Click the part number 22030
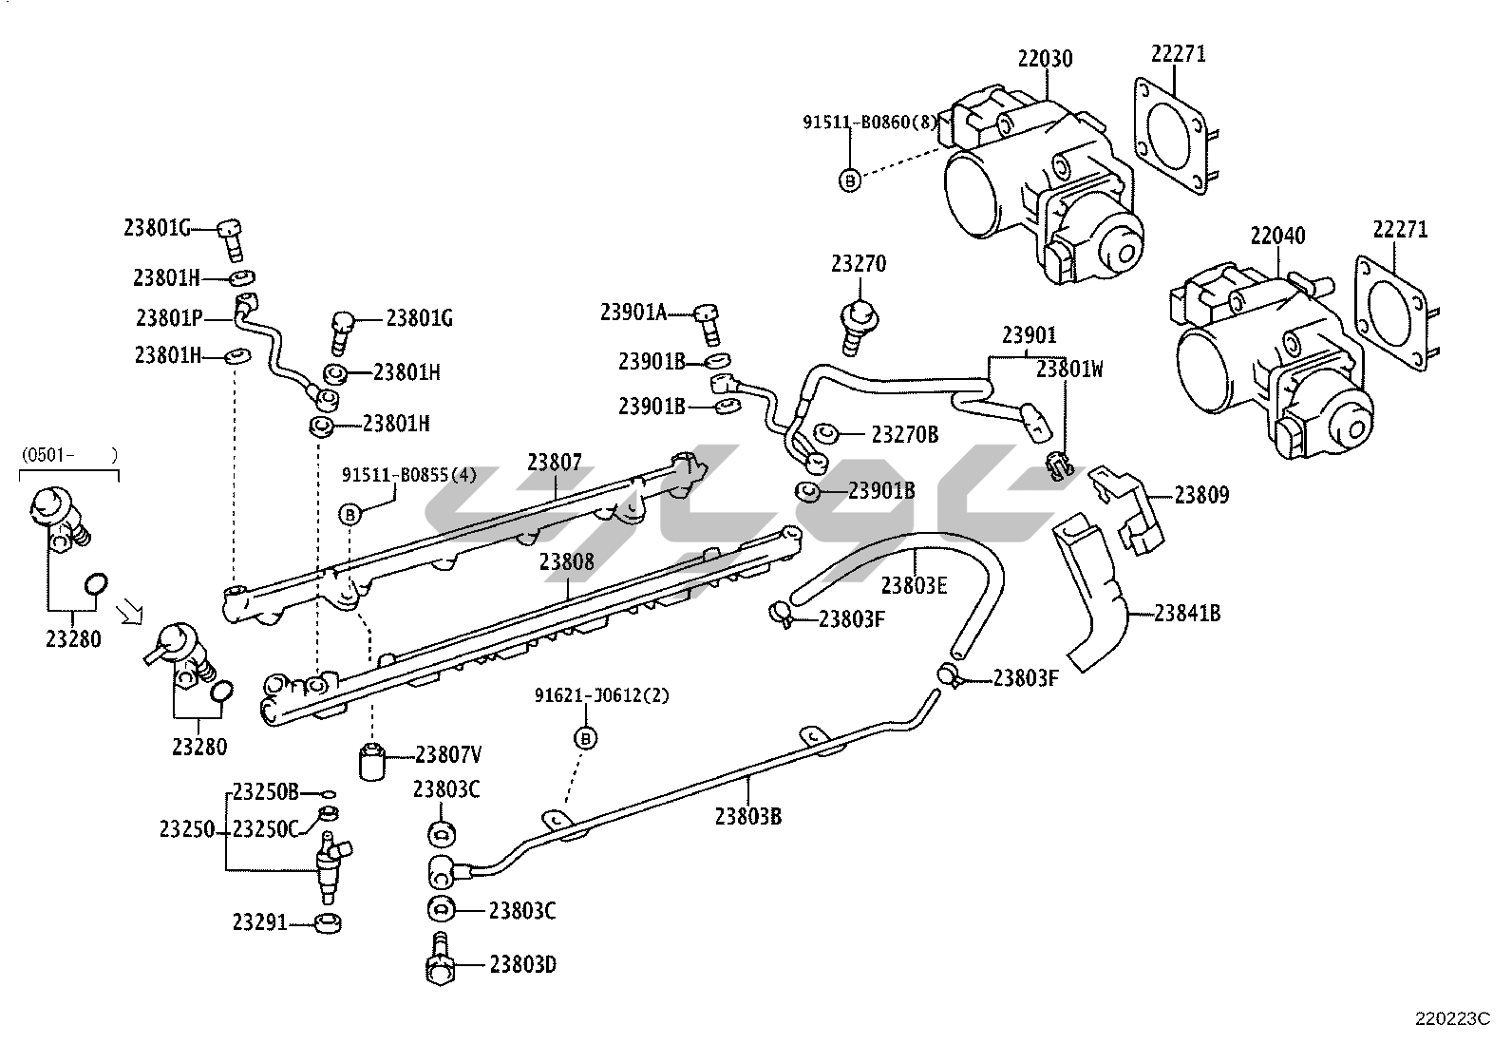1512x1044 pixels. (x=1045, y=59)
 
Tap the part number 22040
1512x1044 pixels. (x=1277, y=235)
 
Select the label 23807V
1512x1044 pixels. (x=448, y=755)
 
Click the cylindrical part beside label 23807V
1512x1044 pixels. (x=374, y=760)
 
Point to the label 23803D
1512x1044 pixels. (x=522, y=965)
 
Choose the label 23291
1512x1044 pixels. (x=259, y=921)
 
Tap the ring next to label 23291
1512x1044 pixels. (x=328, y=921)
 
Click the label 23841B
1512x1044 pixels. (x=1187, y=614)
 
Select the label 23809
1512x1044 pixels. (x=1201, y=495)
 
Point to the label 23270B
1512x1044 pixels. (x=905, y=435)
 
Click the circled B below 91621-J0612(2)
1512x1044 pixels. (x=586, y=738)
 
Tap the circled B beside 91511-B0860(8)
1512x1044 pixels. (x=850, y=179)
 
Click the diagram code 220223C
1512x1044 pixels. (x=1452, y=1019)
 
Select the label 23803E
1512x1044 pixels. (x=914, y=585)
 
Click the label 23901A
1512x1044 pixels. (x=633, y=312)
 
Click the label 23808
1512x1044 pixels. (x=567, y=561)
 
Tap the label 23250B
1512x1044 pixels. (x=266, y=791)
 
